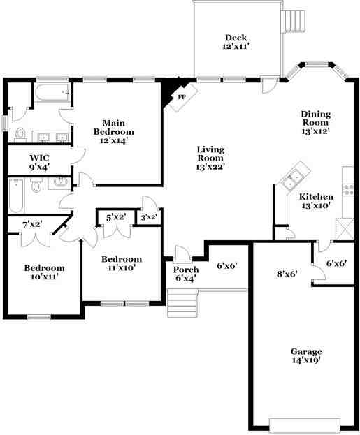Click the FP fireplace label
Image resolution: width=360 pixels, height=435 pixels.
(181, 97)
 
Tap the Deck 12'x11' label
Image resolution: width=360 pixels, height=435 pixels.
(236, 42)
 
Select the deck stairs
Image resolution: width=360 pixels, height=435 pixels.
(295, 21)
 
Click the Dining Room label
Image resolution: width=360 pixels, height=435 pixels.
(315, 122)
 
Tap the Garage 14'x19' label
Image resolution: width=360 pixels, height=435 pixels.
(305, 355)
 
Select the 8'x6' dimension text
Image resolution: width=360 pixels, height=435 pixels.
(287, 274)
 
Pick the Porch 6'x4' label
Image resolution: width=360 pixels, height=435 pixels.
(185, 274)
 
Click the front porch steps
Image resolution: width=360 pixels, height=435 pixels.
(181, 303)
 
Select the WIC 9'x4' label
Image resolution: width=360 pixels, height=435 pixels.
(39, 162)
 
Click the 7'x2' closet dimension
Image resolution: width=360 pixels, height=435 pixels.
(33, 224)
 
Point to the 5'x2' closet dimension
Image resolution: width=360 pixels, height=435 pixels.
(115, 217)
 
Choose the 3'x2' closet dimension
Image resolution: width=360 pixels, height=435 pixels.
(147, 218)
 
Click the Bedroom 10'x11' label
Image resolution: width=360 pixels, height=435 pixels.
(44, 272)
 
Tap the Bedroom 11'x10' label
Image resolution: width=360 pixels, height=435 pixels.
(121, 263)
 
